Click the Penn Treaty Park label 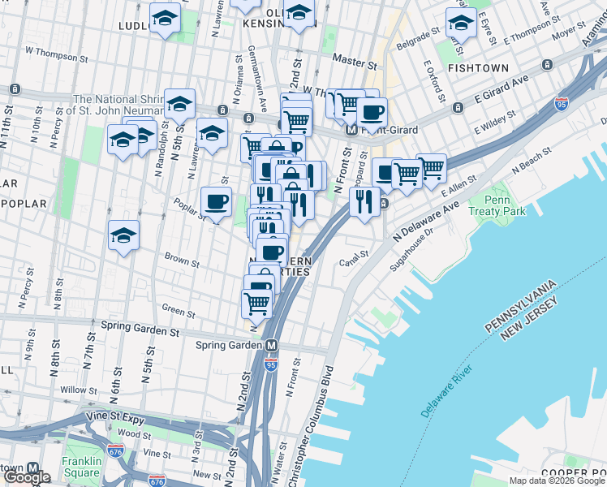click(x=504, y=205)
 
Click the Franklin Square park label click(x=81, y=466)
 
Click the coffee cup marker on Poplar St click(x=216, y=202)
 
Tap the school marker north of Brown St click(x=123, y=236)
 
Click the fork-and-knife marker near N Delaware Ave click(x=365, y=200)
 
